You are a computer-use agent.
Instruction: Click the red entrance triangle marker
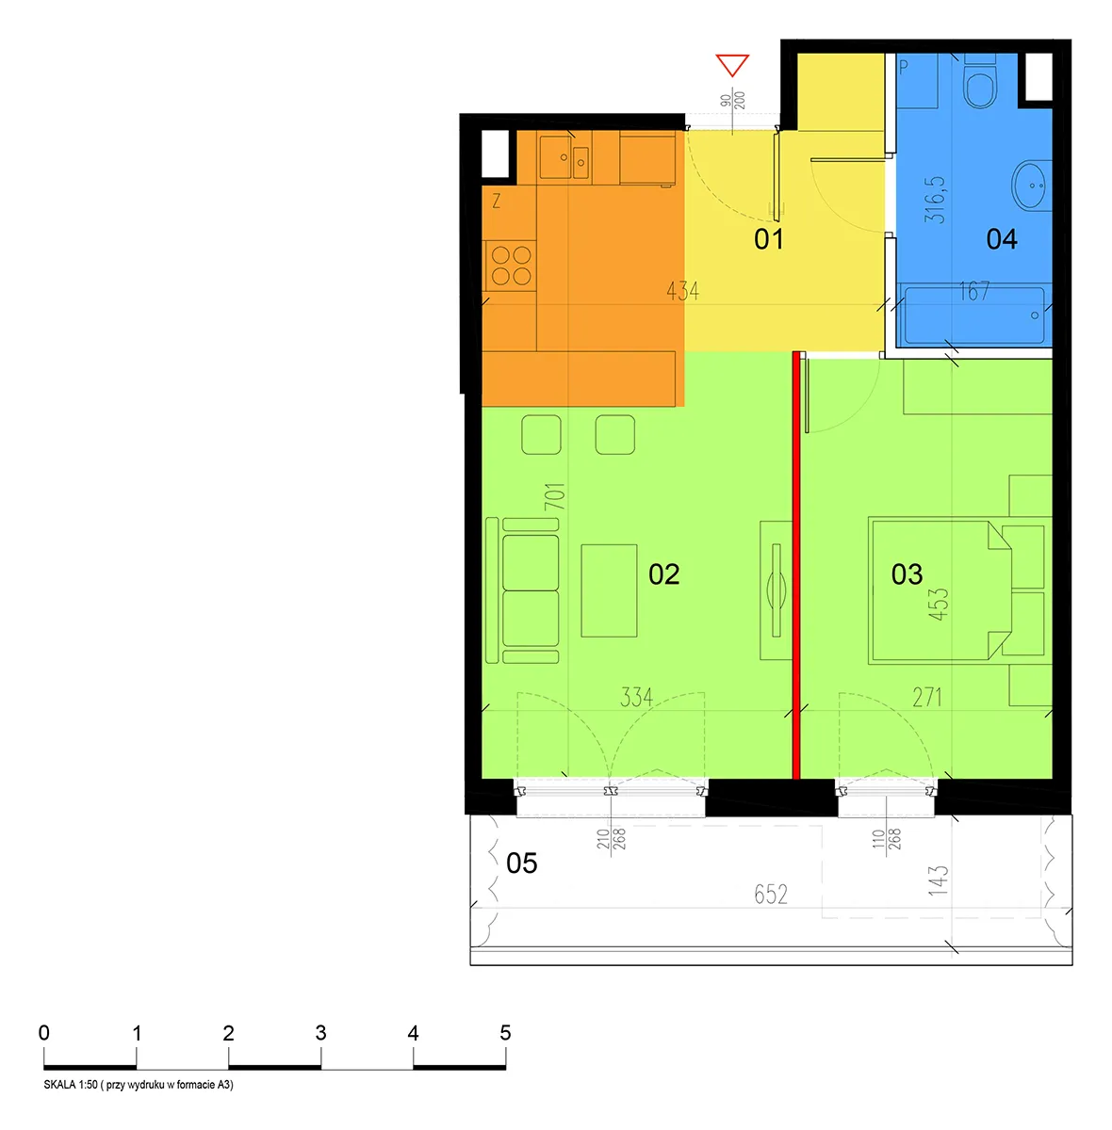click(732, 65)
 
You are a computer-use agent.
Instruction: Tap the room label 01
click(769, 239)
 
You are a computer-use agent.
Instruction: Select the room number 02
click(664, 574)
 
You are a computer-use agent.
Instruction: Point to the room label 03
click(908, 574)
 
